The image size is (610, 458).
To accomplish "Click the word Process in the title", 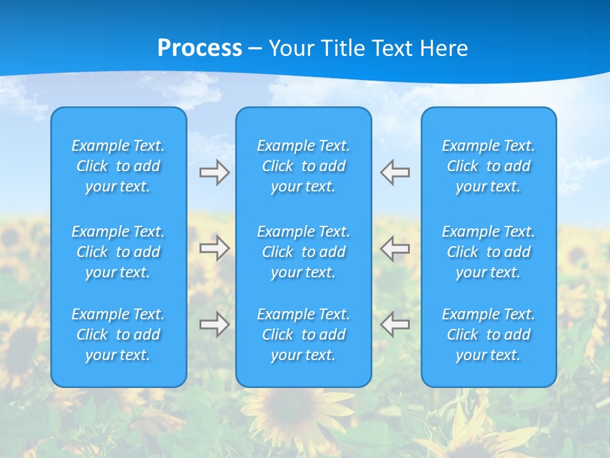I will coord(200,48).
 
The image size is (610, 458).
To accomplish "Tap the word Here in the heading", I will coord(443,48).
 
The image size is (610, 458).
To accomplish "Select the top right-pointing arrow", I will coord(214,172).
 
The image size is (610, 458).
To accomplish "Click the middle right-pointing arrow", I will coord(214,248).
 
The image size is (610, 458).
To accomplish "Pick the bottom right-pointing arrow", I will coord(214,324).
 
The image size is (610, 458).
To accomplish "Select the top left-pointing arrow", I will coord(395,172).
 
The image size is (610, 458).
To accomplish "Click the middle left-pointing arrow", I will coord(395,248).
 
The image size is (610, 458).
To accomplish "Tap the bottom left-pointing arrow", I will coord(395,324).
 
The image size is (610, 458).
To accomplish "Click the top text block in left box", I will coord(118,166).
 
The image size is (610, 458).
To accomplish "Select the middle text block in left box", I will coord(118,252).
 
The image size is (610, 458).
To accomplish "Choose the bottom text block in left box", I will coord(118,335).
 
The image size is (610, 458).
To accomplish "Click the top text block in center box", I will coord(304,166).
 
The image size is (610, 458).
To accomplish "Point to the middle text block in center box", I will coord(304,252).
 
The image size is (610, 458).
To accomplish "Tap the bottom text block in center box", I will coord(304,335).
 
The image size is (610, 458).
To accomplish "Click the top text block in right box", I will coord(489,166).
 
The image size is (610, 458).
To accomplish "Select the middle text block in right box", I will coord(489,252).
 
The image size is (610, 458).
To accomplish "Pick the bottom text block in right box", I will coord(489,335).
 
